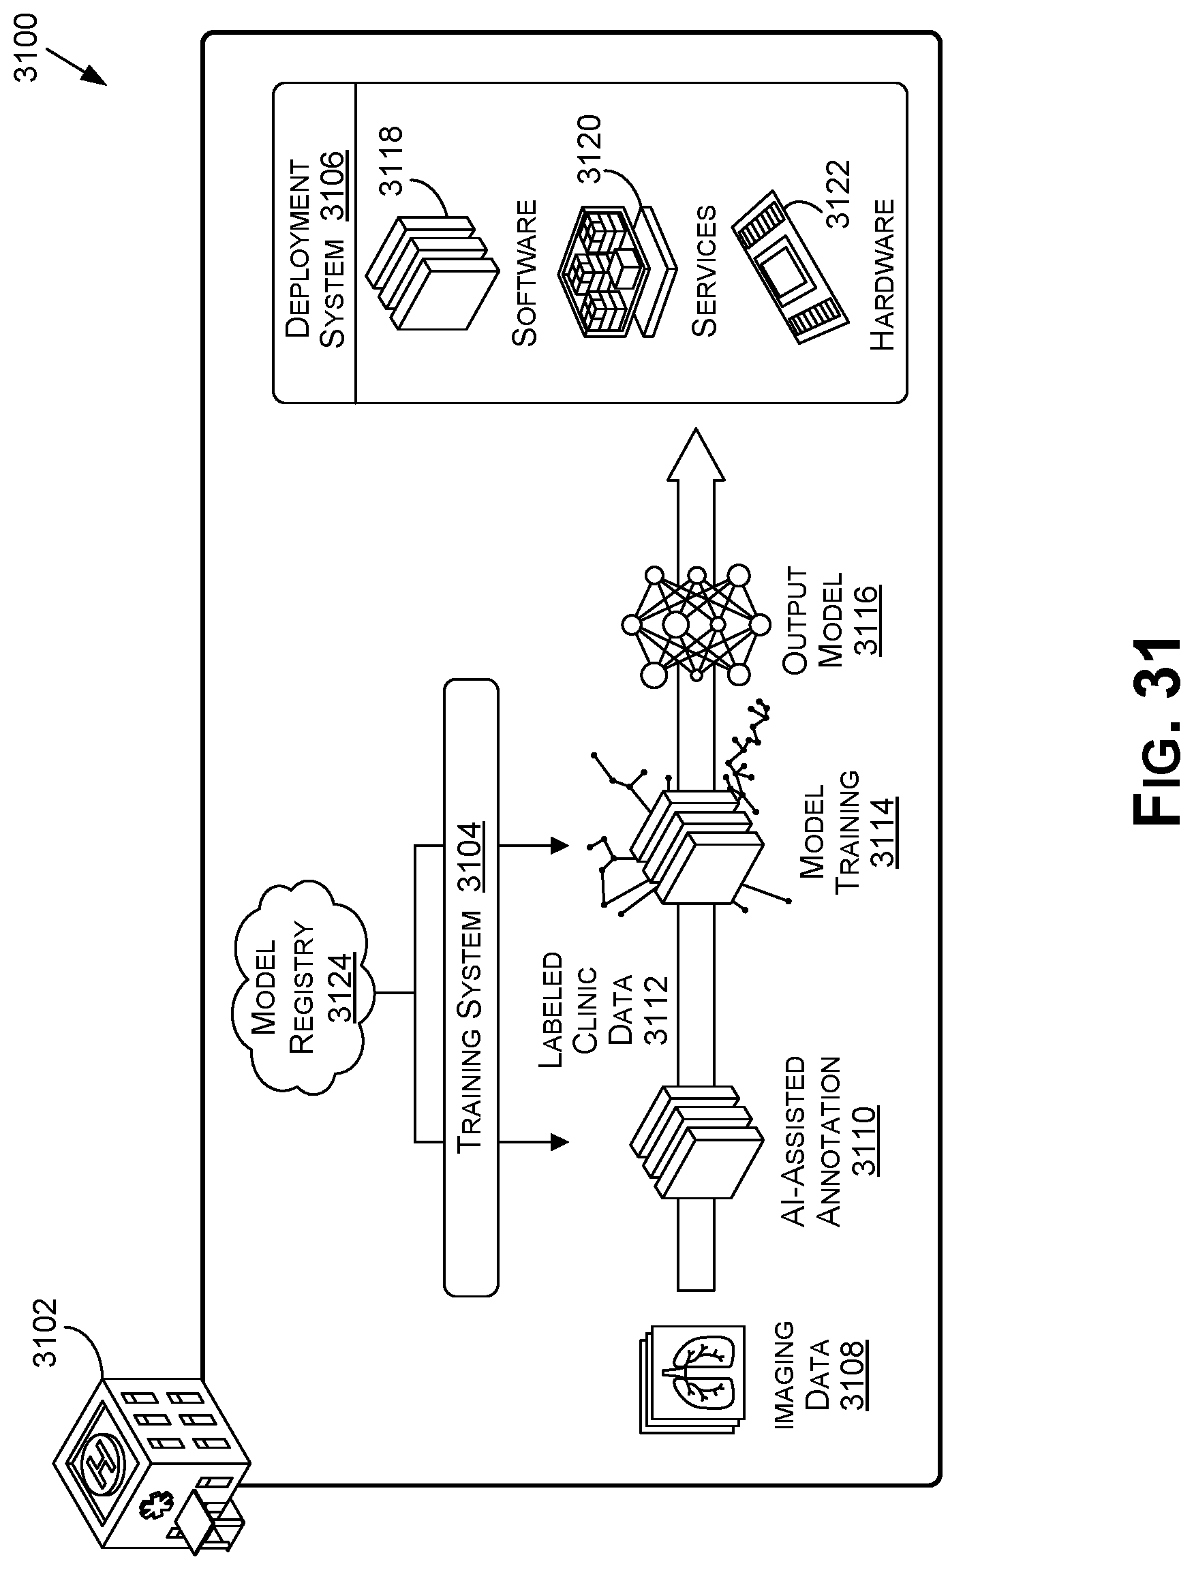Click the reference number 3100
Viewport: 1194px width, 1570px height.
29,48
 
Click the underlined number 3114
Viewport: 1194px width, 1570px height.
882,832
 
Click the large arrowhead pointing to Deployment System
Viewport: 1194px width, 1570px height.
696,455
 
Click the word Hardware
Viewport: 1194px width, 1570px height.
882,275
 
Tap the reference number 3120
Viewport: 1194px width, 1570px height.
590,149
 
